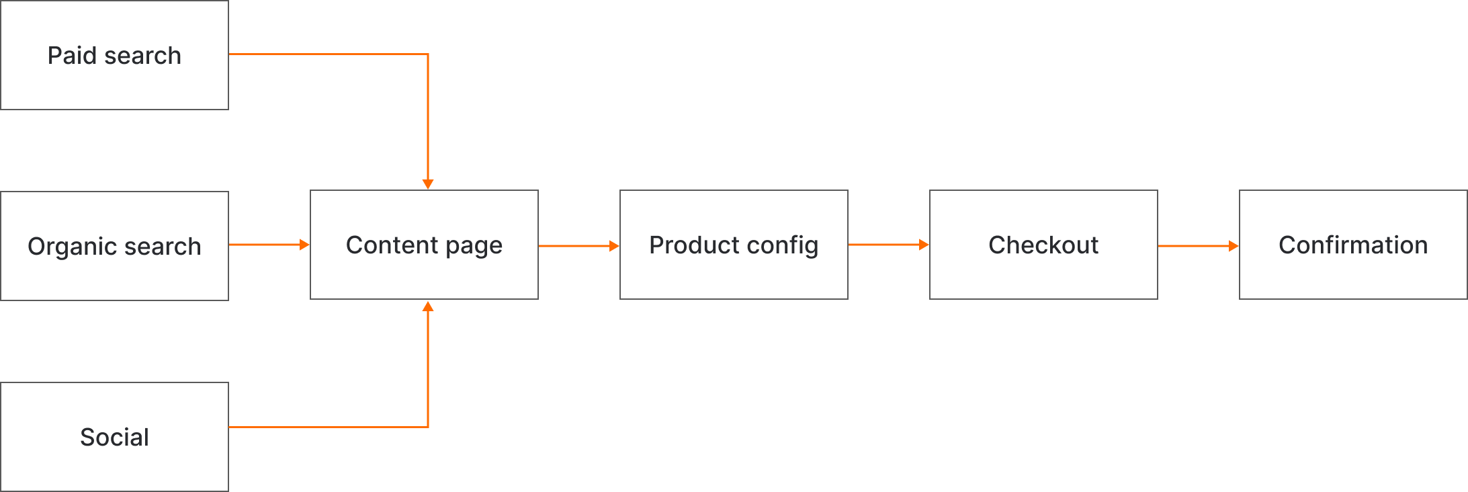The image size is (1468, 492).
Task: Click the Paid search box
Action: (x=114, y=55)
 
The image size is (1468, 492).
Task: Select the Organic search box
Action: (x=114, y=246)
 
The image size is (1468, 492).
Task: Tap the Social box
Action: (x=114, y=437)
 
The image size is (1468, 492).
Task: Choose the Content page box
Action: (x=424, y=245)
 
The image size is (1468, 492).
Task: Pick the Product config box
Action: (x=734, y=245)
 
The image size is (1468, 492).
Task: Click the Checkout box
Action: (x=1043, y=245)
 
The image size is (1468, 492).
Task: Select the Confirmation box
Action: (x=1353, y=245)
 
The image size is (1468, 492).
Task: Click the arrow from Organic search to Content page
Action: (x=269, y=245)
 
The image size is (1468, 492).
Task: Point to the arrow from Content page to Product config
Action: (x=578, y=246)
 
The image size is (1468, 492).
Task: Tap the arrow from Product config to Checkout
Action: (x=888, y=245)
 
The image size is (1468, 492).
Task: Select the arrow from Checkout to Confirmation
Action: (x=1198, y=246)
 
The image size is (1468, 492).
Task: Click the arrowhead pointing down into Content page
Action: (x=428, y=184)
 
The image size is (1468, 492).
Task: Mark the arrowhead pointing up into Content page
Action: (x=428, y=306)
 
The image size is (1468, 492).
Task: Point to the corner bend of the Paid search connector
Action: (x=428, y=54)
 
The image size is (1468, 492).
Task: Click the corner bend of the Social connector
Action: (x=428, y=427)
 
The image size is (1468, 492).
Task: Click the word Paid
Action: (x=72, y=55)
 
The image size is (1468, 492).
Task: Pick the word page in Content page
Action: (x=474, y=246)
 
